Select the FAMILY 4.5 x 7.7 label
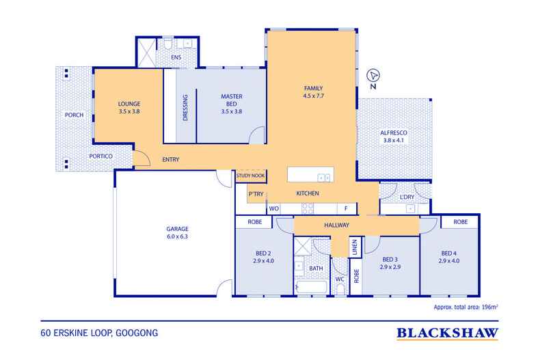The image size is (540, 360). click(x=313, y=92)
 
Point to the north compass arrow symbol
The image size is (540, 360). click(x=373, y=75)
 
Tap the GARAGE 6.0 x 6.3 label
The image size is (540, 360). click(x=177, y=232)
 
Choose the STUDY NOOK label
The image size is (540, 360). click(x=250, y=176)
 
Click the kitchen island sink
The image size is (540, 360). click(x=324, y=178)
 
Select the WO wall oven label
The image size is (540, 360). click(x=274, y=208)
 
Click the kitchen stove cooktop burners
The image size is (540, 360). click(x=308, y=208)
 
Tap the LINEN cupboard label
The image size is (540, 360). click(x=355, y=247)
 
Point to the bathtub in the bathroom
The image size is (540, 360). click(x=311, y=288)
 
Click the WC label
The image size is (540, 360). click(x=340, y=279)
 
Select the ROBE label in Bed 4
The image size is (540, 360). click(x=461, y=222)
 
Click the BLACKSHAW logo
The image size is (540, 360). click(x=447, y=333)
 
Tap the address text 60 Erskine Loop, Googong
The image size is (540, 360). click(x=99, y=333)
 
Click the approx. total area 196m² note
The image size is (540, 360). click(x=465, y=307)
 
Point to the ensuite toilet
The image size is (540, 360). click(x=167, y=44)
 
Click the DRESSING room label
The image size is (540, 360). click(x=185, y=107)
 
